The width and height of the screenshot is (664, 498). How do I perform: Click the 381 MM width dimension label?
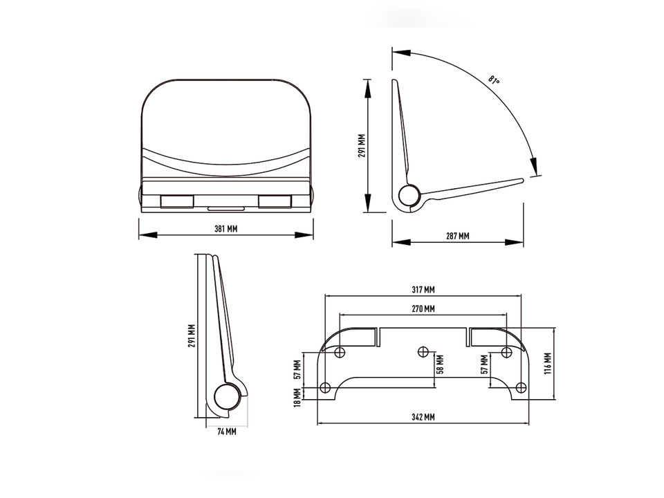click(x=225, y=229)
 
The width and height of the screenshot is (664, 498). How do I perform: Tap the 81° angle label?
click(x=494, y=80)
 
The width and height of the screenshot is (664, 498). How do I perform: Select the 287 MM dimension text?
click(x=457, y=236)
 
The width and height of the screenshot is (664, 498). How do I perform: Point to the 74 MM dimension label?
click(x=227, y=432)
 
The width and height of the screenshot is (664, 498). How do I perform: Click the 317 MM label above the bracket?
click(x=423, y=290)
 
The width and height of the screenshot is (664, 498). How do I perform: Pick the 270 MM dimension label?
click(x=423, y=308)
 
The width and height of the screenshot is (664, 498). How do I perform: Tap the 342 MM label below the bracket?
click(x=423, y=417)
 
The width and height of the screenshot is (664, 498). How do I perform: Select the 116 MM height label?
click(x=547, y=363)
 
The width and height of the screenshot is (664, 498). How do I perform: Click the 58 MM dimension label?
click(x=441, y=365)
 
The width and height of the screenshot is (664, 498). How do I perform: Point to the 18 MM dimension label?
click(x=297, y=398)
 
